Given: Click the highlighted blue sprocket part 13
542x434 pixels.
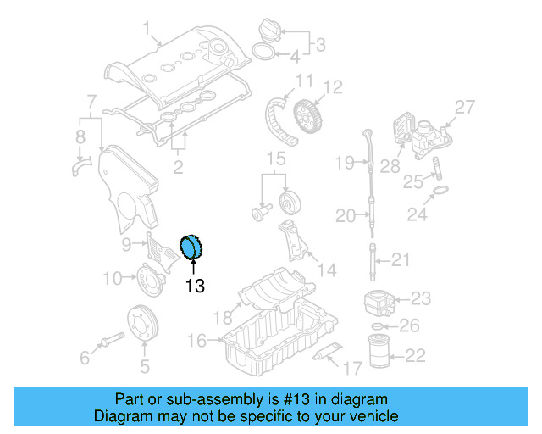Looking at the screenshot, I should (194, 248).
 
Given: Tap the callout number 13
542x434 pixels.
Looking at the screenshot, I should (195, 287).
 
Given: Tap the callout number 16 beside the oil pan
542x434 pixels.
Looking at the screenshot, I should (196, 341).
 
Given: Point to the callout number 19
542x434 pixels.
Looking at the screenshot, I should (343, 162).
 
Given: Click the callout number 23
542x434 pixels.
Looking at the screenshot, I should (420, 298).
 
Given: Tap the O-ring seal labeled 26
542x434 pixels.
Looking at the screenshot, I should (379, 325).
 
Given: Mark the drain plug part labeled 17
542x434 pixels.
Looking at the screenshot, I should (328, 353).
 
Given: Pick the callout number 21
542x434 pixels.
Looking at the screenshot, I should (400, 259).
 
